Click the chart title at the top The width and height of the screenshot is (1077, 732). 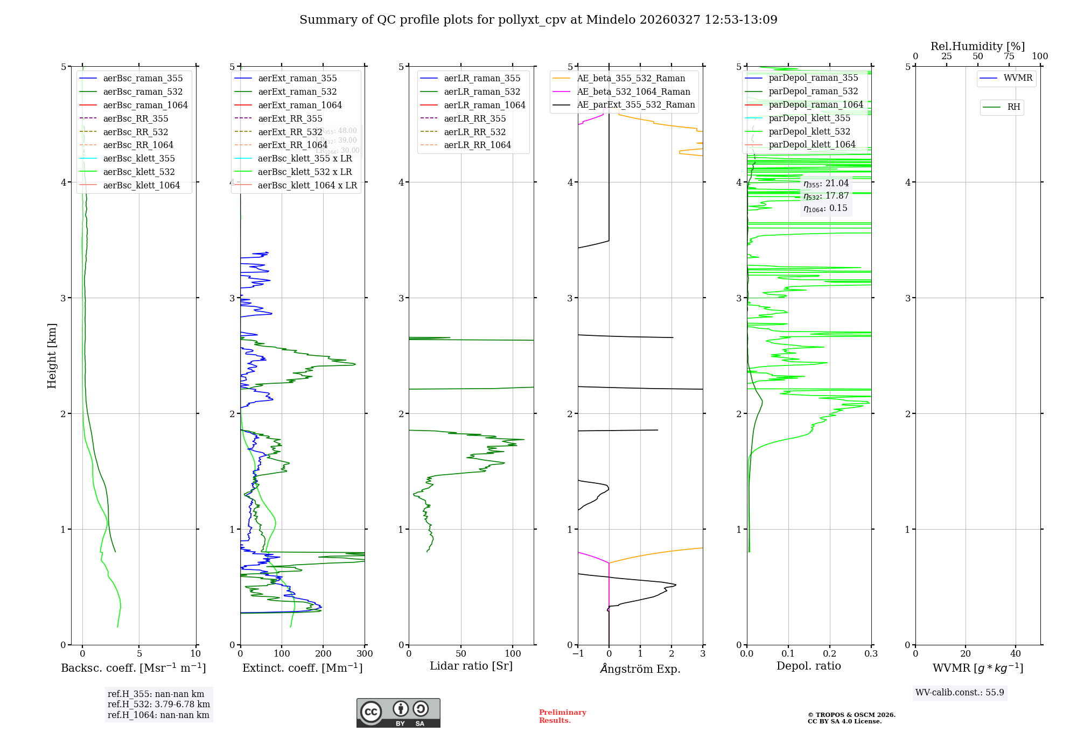(538, 20)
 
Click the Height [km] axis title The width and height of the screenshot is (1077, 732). (52, 356)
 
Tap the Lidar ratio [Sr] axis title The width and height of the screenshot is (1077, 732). (471, 666)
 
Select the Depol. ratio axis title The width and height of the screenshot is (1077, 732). (808, 666)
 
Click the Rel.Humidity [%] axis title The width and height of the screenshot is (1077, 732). (977, 46)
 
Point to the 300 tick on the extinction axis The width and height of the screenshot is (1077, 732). (365, 654)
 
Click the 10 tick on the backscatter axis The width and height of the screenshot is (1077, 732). (195, 654)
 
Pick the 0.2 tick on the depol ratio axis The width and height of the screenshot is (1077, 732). (830, 654)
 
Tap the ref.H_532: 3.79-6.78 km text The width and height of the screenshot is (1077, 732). (158, 705)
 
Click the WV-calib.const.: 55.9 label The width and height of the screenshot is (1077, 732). (960, 693)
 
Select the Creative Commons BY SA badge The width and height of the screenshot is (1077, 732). (398, 713)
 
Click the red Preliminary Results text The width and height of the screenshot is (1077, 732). (562, 716)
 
